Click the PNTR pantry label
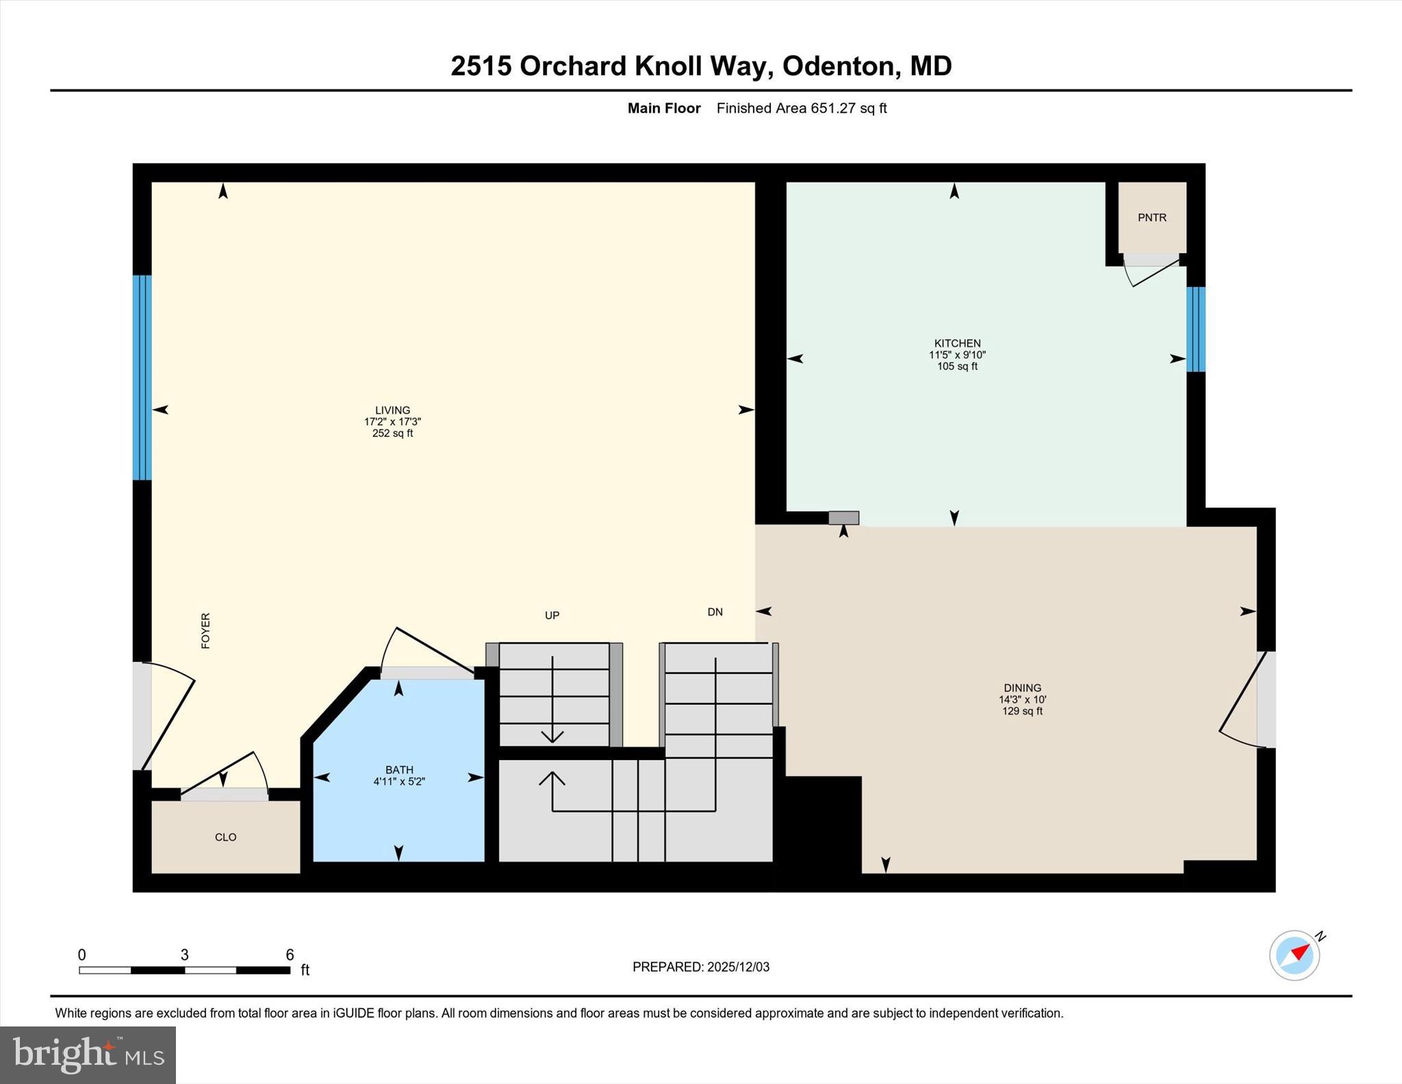click(1151, 218)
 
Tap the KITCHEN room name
click(957, 343)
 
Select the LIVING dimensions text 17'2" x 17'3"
click(392, 423)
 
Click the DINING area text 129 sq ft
click(1022, 711)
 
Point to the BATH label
click(399, 770)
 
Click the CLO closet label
click(225, 837)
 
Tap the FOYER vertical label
click(205, 631)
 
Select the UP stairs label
click(552, 616)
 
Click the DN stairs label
click(715, 612)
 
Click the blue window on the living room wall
click(142, 377)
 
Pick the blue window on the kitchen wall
click(1195, 329)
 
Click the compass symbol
click(1295, 955)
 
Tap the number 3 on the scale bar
click(184, 955)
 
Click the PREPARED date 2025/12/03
click(738, 967)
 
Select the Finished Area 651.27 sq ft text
click(801, 108)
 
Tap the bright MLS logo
click(88, 1055)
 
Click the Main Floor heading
click(663, 108)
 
